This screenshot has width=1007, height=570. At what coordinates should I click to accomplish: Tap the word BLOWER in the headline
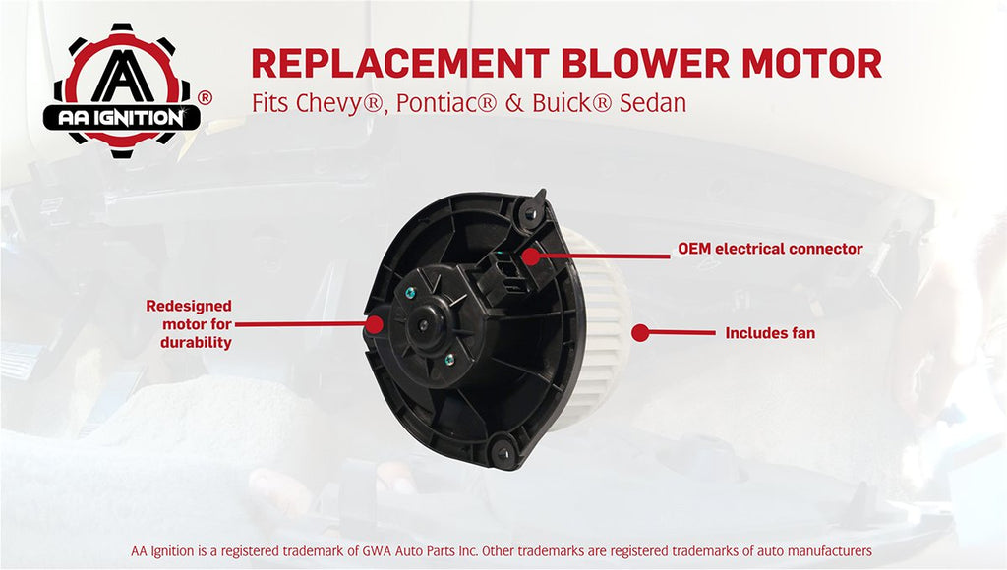click(x=645, y=63)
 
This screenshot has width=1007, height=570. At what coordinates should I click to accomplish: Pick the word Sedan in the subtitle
click(x=653, y=103)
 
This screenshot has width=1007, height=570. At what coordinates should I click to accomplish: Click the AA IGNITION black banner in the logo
click(x=122, y=118)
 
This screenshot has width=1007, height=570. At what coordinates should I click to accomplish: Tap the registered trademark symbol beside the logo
click(x=205, y=98)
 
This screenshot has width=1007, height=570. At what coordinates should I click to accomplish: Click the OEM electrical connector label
click(x=770, y=249)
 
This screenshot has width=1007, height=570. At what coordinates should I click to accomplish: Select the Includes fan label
click(x=770, y=333)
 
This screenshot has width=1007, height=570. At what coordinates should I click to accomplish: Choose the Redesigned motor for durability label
click(x=189, y=324)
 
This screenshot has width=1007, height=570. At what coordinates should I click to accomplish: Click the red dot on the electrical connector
click(x=530, y=256)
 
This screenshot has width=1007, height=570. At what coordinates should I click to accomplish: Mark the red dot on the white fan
click(x=639, y=332)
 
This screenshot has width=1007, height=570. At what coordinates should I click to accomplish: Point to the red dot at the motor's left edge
click(x=374, y=324)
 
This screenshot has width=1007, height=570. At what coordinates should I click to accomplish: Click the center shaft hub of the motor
click(x=423, y=325)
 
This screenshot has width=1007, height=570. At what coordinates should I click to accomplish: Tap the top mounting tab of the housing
click(x=533, y=206)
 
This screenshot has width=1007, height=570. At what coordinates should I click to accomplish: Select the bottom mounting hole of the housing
click(x=503, y=453)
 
